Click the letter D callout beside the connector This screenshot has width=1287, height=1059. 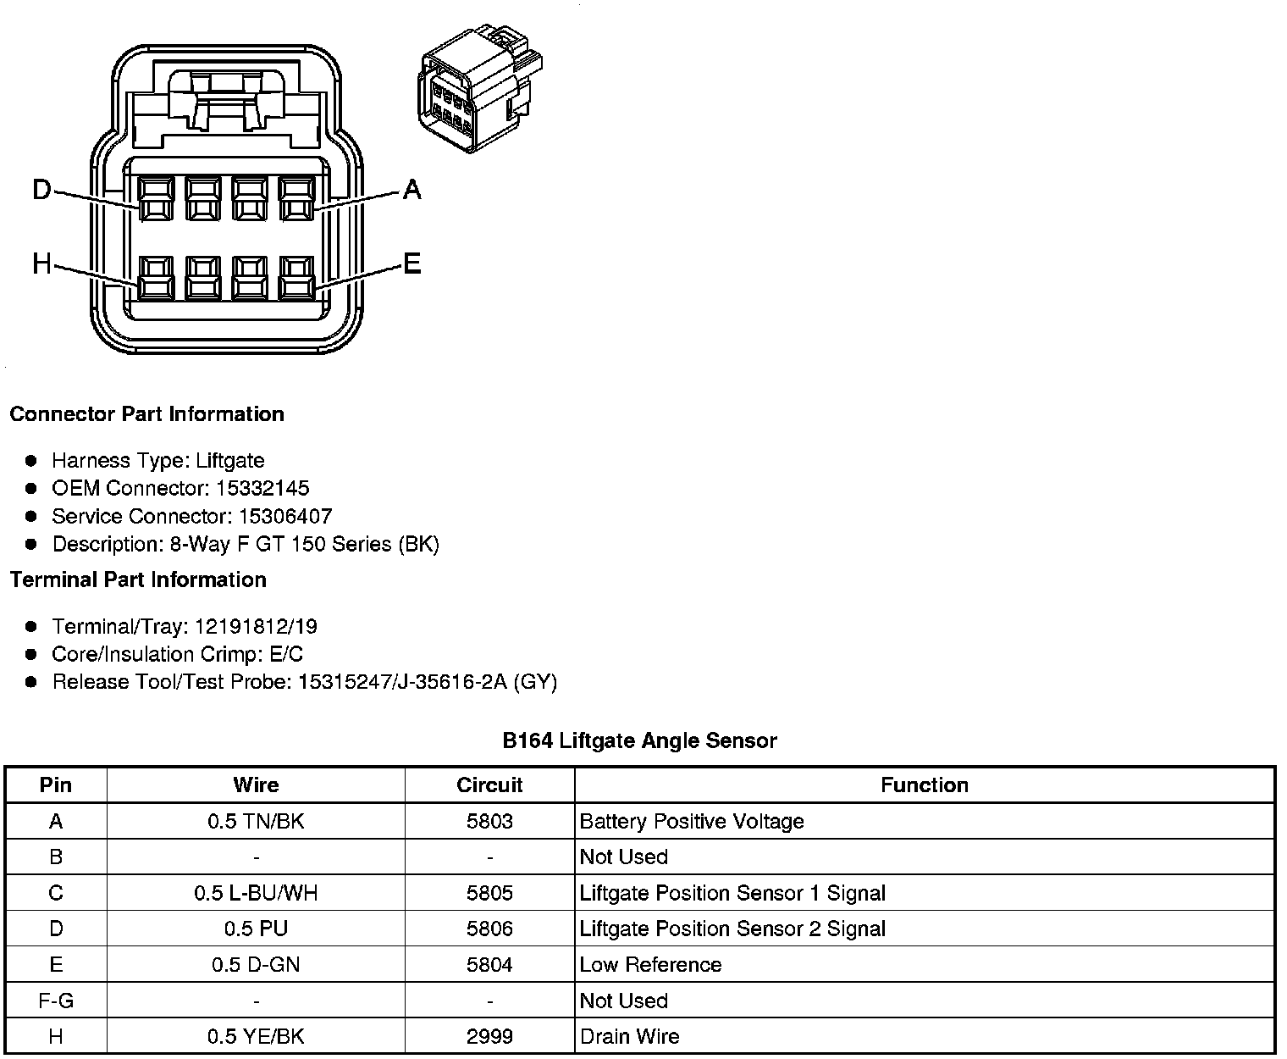pyautogui.click(x=41, y=190)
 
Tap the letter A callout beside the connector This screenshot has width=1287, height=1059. pyautogui.click(x=412, y=190)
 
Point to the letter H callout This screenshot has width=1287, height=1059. pyautogui.click(x=41, y=265)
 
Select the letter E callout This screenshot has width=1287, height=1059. pyautogui.click(x=412, y=265)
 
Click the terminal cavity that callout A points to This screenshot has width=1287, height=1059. pyautogui.click(x=296, y=199)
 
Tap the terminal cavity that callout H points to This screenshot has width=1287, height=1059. pyautogui.click(x=157, y=278)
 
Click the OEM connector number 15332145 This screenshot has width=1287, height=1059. pyautogui.click(x=273, y=488)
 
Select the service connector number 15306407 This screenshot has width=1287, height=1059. pyautogui.click(x=284, y=516)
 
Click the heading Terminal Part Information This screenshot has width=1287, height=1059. pyautogui.click(x=138, y=579)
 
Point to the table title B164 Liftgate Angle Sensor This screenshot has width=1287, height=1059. pyautogui.click(x=639, y=740)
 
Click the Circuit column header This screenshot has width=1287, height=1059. pyautogui.click(x=489, y=785)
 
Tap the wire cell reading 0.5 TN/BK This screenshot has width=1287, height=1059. pyautogui.click(x=256, y=821)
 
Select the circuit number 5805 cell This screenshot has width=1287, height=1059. pyautogui.click(x=489, y=893)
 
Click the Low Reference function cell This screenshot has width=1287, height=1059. pyautogui.click(x=650, y=965)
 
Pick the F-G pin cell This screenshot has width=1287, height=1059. pyautogui.click(x=56, y=1001)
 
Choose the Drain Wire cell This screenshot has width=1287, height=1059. pyautogui.click(x=629, y=1036)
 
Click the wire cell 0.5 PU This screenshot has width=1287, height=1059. pyautogui.click(x=256, y=929)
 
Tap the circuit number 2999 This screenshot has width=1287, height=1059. pyautogui.click(x=489, y=1036)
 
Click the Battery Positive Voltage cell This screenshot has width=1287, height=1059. pyautogui.click(x=692, y=821)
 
